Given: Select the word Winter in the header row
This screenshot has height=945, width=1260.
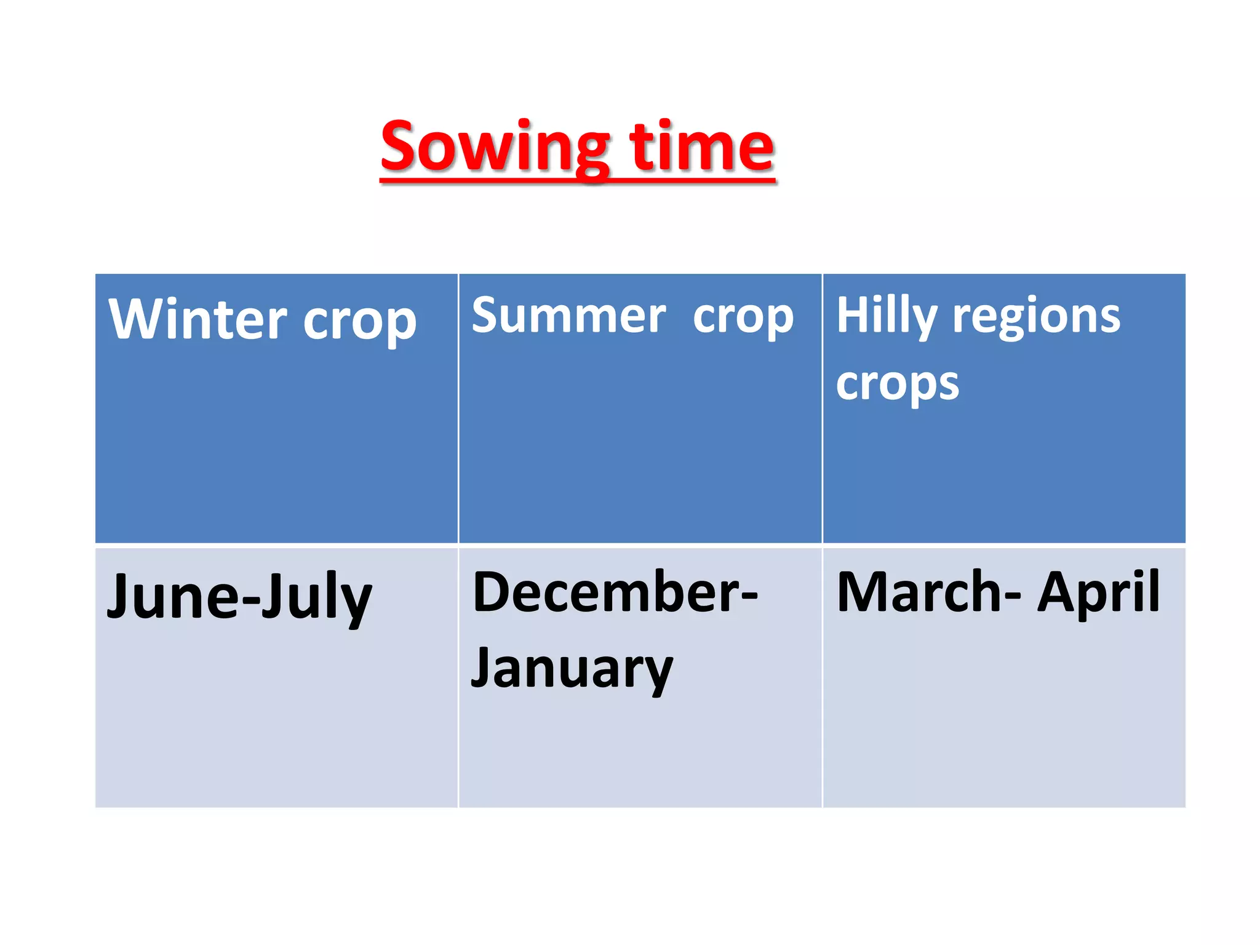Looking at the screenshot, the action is click(x=197, y=319).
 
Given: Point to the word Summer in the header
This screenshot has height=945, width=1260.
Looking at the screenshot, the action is click(x=569, y=314).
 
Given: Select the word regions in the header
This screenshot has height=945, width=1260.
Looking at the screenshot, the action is click(x=1037, y=317).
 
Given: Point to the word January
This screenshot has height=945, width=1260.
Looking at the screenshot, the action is click(x=572, y=669).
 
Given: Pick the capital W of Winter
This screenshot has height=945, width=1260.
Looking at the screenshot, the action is click(x=138, y=318).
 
